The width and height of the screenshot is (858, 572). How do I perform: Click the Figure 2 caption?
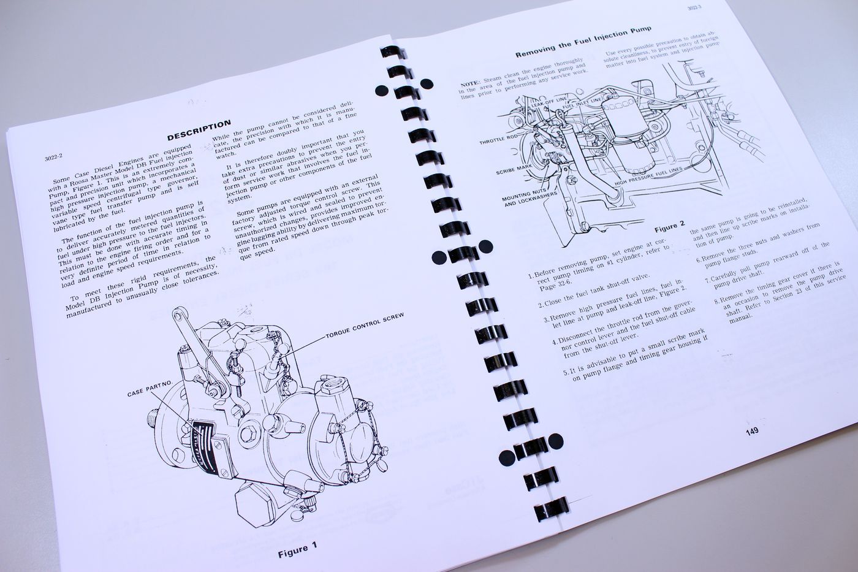669,227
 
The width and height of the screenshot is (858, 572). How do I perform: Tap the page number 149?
752,431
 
